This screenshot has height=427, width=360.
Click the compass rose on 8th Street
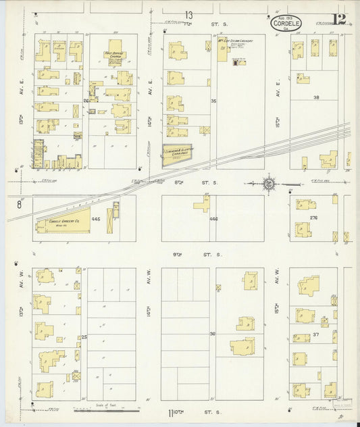[x=269, y=183]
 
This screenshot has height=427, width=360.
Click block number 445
[x=97, y=220]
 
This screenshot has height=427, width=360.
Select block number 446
[x=213, y=219]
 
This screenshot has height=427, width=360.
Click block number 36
[x=213, y=333]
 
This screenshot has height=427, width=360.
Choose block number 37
[x=315, y=334]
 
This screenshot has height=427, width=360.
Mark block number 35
[x=213, y=101]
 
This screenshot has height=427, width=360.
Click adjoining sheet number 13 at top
[x=190, y=15]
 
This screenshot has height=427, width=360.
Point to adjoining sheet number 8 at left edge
[x=20, y=203]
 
